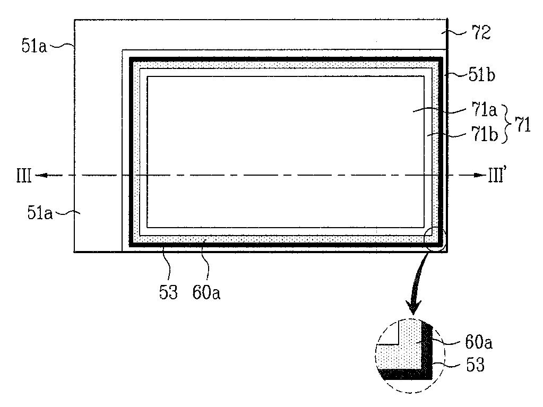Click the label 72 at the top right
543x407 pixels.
pyautogui.click(x=479, y=33)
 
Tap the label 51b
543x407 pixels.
pyautogui.click(x=482, y=75)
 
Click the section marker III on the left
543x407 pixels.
pyautogui.click(x=24, y=176)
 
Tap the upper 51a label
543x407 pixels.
pyautogui.click(x=35, y=46)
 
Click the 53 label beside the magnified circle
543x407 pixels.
pyautogui.click(x=475, y=365)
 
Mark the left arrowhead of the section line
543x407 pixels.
pyautogui.click(x=40, y=175)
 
